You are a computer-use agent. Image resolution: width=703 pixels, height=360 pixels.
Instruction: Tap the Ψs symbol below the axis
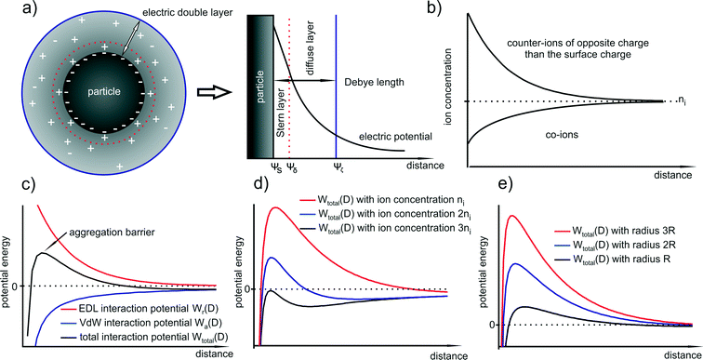[275, 168]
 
